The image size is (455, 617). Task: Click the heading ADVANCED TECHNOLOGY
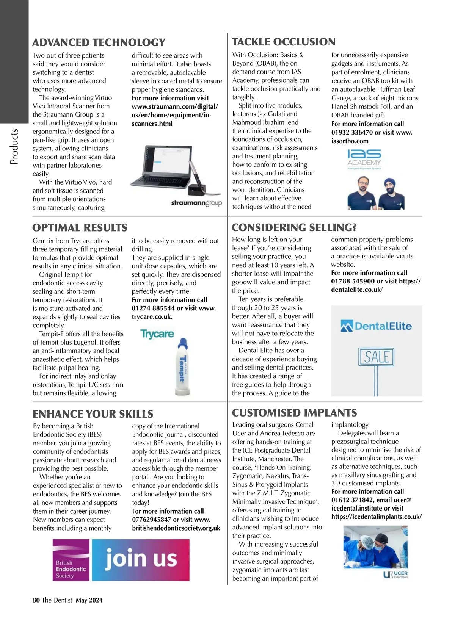[99, 42]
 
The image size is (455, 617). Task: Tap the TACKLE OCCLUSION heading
[284, 42]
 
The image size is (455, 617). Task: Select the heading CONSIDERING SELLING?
[294, 227]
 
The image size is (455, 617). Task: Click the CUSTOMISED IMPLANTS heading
[294, 413]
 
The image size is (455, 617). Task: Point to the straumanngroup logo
[196, 203]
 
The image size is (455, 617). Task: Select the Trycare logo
[157, 334]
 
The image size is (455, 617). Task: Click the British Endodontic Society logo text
[71, 569]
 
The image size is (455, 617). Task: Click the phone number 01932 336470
[352, 132]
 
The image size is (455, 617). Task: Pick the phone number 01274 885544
[153, 308]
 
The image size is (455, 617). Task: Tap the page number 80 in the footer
[36, 600]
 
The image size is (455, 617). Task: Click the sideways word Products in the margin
[14, 147]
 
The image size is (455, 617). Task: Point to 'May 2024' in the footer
[89, 600]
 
